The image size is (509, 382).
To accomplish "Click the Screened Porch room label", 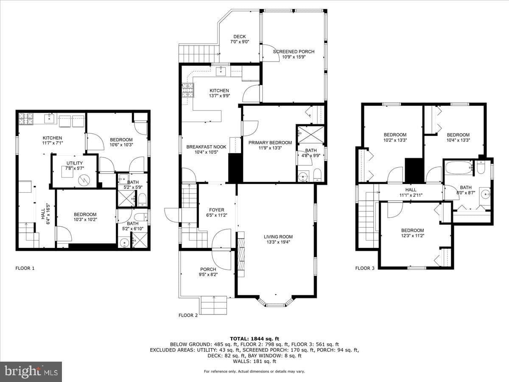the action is click(294, 51).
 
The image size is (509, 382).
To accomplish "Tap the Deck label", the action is click(240, 37).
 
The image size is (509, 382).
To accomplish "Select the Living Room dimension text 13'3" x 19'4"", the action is click(278, 242).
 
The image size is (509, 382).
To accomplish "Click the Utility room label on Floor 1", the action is click(74, 163).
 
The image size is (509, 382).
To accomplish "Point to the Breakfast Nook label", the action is click(207, 147).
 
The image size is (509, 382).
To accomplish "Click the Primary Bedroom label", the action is click(270, 143).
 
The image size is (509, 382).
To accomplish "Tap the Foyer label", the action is click(217, 210).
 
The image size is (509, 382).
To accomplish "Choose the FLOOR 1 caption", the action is click(25, 268).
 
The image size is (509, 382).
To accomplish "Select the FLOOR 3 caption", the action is click(365, 268).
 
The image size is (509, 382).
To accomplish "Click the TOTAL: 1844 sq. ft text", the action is click(255, 339).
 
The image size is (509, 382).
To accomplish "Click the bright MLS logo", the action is click(31, 372).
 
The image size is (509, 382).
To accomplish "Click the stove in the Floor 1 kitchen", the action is click(26, 118).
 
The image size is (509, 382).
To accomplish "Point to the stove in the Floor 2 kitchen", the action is click(188, 90).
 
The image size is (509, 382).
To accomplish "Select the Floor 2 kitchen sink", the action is click(221, 71).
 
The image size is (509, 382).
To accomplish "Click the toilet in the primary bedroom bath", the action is click(317, 175).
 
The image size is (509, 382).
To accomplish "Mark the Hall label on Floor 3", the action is click(411, 190).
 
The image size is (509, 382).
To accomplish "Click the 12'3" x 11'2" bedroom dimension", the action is click(412, 236).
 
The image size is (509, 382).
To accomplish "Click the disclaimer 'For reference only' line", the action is click(255, 371).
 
